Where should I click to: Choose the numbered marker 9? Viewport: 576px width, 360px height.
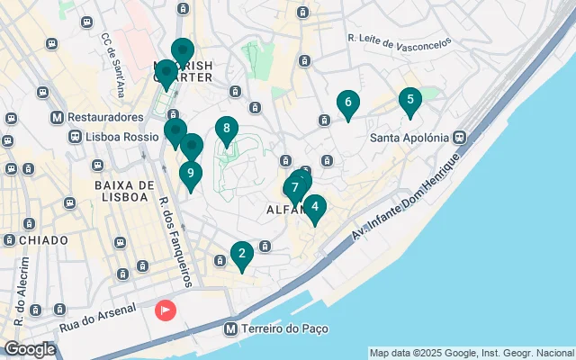click(190, 175)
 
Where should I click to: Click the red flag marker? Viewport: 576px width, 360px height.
click(166, 310)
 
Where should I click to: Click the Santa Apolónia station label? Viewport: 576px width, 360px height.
click(409, 138)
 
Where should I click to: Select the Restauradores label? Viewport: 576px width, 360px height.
click(105, 118)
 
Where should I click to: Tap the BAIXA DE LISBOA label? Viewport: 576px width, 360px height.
click(120, 191)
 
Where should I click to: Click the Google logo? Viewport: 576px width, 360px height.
click(30, 349)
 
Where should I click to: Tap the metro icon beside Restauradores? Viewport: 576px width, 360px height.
click(58, 118)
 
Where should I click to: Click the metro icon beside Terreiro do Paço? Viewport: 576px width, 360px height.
click(232, 329)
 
